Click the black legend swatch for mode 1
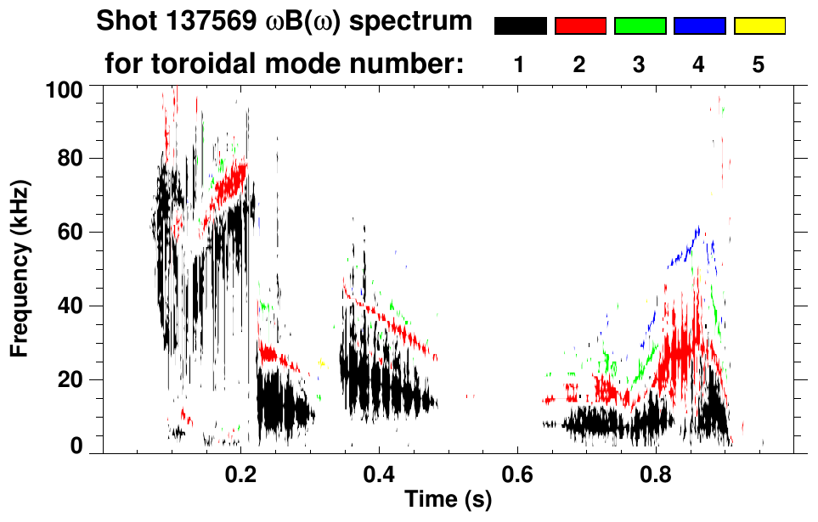coord(520,26)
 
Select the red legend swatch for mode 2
coord(580,26)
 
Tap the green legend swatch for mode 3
coord(640,26)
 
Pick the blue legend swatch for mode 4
coord(699,26)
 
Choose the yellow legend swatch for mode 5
coord(759,26)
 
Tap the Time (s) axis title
coord(448,502)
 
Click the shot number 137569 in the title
coord(215,21)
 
